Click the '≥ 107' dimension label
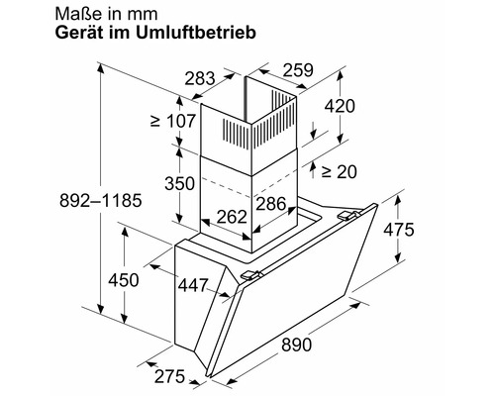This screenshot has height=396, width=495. [x=169, y=124]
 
